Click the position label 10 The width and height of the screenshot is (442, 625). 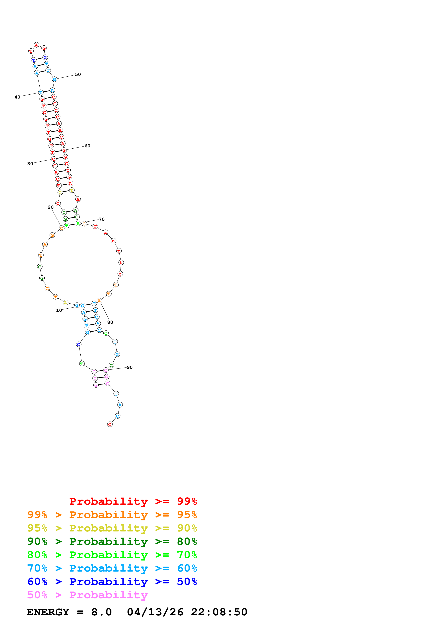pyautogui.click(x=59, y=310)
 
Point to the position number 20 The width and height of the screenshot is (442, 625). pyautogui.click(x=51, y=207)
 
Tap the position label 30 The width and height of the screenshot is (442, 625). pyautogui.click(x=30, y=164)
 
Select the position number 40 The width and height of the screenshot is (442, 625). pyautogui.click(x=17, y=97)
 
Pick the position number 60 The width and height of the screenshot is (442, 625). pyautogui.click(x=87, y=146)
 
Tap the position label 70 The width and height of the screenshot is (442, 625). pyautogui.click(x=102, y=219)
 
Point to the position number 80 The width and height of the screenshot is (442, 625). pyautogui.click(x=110, y=322)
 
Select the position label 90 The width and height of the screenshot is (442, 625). pyautogui.click(x=130, y=368)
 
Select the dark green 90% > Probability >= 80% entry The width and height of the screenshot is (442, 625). pyautogui.click(x=112, y=541)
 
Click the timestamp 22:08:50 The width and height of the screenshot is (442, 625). pyautogui.click(x=219, y=612)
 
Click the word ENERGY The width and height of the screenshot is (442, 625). pyautogui.click(x=48, y=612)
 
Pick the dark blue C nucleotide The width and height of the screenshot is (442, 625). pyautogui.click(x=79, y=345)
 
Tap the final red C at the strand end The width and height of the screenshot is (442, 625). pyautogui.click(x=110, y=424)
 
